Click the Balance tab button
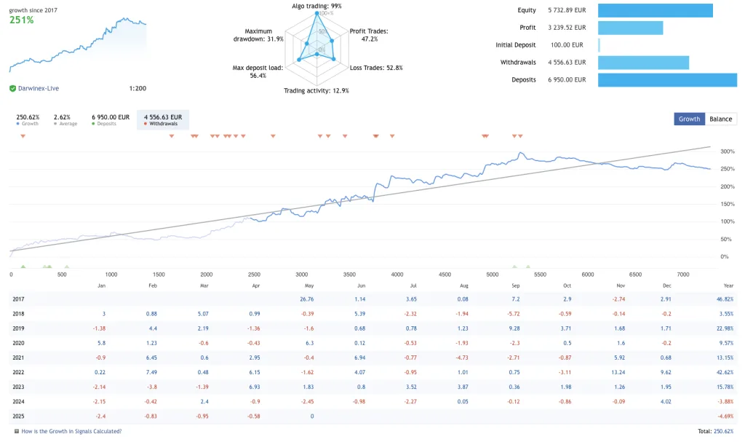pyautogui.click(x=720, y=119)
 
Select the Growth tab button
pyautogui.click(x=689, y=119)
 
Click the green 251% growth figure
pyautogui.click(x=22, y=20)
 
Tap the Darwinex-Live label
pyautogui.click(x=39, y=88)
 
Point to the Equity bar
pyautogui.click(x=655, y=10)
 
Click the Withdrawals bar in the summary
pyautogui.click(x=643, y=63)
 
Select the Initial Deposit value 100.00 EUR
pyautogui.click(x=567, y=45)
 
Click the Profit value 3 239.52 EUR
pyautogui.click(x=567, y=28)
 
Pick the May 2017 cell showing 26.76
pyautogui.click(x=306, y=299)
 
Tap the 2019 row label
pyautogui.click(x=19, y=328)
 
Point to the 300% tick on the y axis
pyautogui.click(x=727, y=151)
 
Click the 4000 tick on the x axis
pyautogui.click(x=397, y=275)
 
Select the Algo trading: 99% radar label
pyautogui.click(x=316, y=6)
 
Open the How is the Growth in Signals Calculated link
pyautogui.click(x=72, y=431)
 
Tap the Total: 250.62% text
pyautogui.click(x=715, y=431)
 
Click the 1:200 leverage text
pyautogui.click(x=138, y=88)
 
